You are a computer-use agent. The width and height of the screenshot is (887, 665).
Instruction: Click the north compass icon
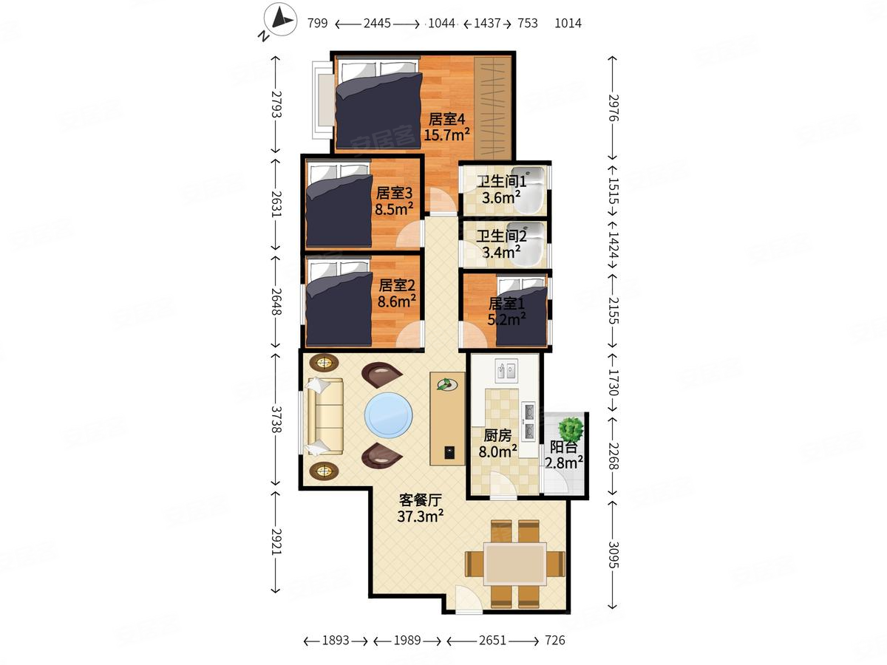(280, 19)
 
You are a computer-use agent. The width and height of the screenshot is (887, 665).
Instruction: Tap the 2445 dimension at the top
(377, 24)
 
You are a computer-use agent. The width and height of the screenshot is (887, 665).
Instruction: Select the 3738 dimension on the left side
(276, 419)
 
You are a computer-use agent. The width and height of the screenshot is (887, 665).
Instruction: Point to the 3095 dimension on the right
(613, 555)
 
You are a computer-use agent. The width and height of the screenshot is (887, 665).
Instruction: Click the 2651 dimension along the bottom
(492, 640)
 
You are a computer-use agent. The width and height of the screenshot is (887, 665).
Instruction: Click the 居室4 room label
(446, 119)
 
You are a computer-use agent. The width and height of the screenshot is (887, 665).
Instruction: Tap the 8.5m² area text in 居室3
(394, 209)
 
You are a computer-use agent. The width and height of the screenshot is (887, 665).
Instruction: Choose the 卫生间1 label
(501, 181)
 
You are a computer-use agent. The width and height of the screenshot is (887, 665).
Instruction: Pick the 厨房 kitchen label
(497, 435)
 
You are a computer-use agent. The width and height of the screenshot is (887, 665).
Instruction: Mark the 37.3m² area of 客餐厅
(421, 516)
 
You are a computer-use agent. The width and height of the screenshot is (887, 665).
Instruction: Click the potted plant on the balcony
(571, 429)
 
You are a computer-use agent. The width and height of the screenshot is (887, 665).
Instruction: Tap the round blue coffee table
(389, 415)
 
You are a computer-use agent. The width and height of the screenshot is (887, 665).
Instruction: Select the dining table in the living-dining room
(515, 564)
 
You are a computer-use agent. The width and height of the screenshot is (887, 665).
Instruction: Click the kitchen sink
(506, 371)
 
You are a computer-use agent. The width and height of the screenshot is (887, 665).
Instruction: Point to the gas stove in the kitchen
(529, 421)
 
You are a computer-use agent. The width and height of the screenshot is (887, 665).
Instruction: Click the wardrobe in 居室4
(492, 108)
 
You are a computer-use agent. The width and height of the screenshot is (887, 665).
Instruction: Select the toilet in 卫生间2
(526, 245)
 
